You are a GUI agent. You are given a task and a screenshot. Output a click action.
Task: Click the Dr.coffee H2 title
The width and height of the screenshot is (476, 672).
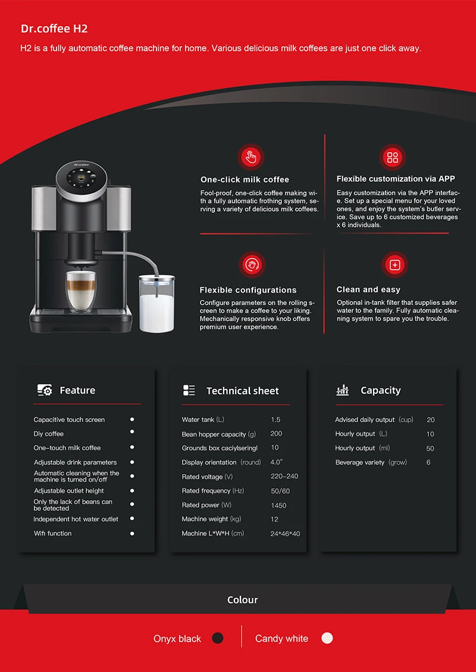tap(54, 29)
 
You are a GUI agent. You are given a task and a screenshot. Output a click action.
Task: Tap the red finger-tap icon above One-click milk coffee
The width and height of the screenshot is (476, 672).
tap(250, 158)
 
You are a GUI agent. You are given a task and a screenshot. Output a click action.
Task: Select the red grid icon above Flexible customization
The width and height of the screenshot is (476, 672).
tap(393, 158)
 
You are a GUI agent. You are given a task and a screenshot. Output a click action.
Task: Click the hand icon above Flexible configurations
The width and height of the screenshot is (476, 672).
tap(251, 265)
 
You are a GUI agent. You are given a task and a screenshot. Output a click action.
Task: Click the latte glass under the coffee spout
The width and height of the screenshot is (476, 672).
tap(81, 291)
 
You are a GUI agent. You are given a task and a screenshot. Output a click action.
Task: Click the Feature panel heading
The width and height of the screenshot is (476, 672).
tap(77, 391)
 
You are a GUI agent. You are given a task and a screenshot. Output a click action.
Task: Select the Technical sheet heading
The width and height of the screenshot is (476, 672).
tap(242, 391)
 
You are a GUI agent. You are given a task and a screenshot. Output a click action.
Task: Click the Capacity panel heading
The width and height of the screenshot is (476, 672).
tap(380, 391)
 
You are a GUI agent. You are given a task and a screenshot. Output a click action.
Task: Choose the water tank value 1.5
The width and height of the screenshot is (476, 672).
tap(275, 420)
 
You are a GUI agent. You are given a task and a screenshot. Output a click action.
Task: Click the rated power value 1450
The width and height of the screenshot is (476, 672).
tap(278, 505)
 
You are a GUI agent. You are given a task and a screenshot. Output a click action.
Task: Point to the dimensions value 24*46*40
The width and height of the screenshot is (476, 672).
tap(285, 534)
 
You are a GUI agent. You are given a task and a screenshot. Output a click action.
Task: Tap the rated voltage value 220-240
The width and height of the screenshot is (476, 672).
tap(284, 477)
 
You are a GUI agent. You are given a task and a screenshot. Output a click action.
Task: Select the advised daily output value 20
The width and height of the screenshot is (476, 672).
tap(431, 420)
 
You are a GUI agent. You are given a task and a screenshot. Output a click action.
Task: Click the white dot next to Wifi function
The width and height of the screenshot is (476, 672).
tap(132, 533)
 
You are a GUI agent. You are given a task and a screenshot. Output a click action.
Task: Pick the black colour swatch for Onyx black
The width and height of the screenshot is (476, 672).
tap(218, 638)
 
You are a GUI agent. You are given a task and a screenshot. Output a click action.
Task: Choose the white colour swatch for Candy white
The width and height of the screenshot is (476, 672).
tap(327, 638)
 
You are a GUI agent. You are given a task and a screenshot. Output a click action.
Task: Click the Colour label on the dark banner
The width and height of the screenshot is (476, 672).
tap(243, 599)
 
